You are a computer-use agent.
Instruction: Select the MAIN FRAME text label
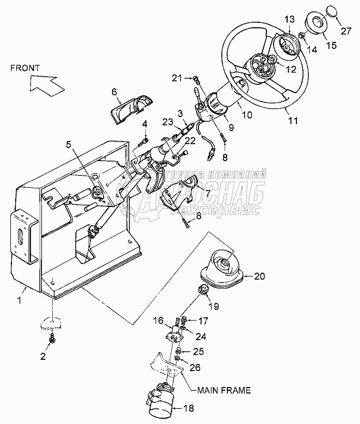click(225, 390)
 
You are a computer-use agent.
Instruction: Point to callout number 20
click(259, 276)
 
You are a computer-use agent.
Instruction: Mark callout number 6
click(115, 91)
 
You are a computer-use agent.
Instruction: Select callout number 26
click(194, 368)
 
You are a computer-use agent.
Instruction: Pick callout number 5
click(69, 144)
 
